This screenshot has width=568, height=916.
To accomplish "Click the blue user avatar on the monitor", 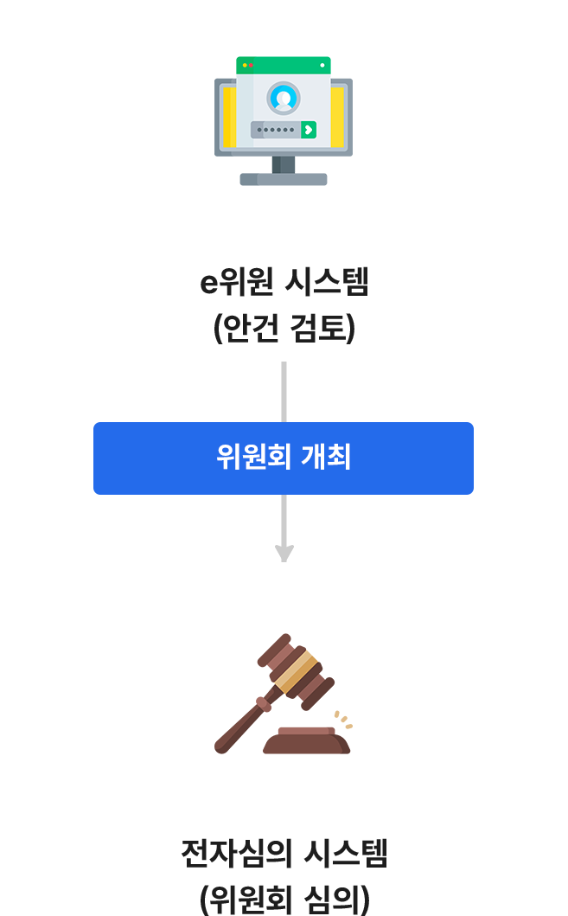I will click(283, 98).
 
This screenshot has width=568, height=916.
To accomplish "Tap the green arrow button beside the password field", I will click(309, 130).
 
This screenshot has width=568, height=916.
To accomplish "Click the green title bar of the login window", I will click(284, 65).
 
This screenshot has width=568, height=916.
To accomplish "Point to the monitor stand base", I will click(284, 179).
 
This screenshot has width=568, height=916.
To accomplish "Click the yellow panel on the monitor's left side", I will click(229, 117).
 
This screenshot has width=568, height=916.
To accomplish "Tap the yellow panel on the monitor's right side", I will click(337, 117).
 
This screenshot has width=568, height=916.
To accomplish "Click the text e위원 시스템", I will click(284, 283).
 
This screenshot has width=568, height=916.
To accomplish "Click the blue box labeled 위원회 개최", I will click(284, 458).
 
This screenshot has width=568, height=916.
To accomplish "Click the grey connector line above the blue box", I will click(284, 390).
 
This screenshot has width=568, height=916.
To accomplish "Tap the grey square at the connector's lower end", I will click(284, 554).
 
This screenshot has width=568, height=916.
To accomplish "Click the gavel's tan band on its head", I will click(297, 672).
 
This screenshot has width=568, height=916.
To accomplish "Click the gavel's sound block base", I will click(306, 742).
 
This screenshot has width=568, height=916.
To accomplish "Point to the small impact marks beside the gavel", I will click(343, 720).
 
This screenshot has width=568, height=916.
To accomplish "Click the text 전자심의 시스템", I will click(284, 855).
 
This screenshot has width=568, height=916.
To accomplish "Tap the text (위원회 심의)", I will click(284, 898).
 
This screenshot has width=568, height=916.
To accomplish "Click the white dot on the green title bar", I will click(322, 65).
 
